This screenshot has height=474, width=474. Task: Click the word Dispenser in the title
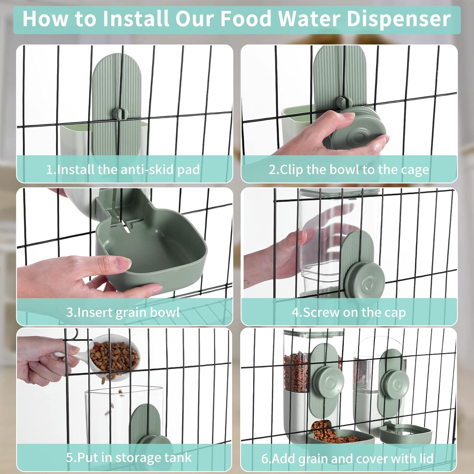398,19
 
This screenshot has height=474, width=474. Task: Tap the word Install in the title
137,19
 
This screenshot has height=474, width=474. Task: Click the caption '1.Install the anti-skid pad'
123,170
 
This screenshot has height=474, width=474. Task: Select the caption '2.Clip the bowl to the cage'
349,170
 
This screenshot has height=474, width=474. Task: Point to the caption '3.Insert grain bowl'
123,312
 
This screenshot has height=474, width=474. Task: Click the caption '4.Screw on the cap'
349,312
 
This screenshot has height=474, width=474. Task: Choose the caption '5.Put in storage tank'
129,457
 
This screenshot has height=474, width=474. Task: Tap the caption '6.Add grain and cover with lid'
347,458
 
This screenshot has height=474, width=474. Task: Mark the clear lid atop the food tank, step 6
313,333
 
